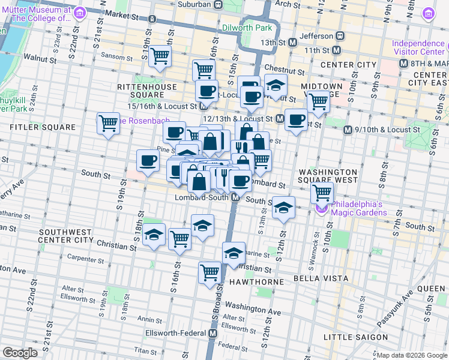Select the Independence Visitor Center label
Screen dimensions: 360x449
(x=419, y=47)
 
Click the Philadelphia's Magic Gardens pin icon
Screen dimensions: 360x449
(x=321, y=208)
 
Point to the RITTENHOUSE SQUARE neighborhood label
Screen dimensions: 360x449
(x=147, y=91)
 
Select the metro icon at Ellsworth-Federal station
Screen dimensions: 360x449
(x=212, y=333)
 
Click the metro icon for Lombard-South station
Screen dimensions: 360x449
(x=236, y=197)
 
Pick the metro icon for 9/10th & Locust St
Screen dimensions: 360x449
(x=347, y=130)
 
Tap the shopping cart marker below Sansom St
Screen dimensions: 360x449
(x=160, y=57)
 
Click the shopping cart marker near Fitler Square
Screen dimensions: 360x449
(x=109, y=124)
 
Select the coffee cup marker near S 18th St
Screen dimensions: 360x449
(x=148, y=160)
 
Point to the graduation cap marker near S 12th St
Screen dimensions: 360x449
(x=283, y=208)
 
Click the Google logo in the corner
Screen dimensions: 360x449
(x=20, y=353)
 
